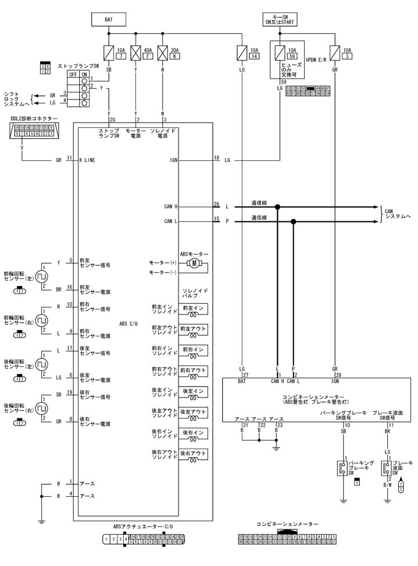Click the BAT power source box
[109, 19]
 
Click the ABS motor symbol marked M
[194, 264]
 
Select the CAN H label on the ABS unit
[171, 206]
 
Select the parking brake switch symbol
[342, 468]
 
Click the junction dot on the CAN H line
[278, 206]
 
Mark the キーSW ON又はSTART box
[280, 19]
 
